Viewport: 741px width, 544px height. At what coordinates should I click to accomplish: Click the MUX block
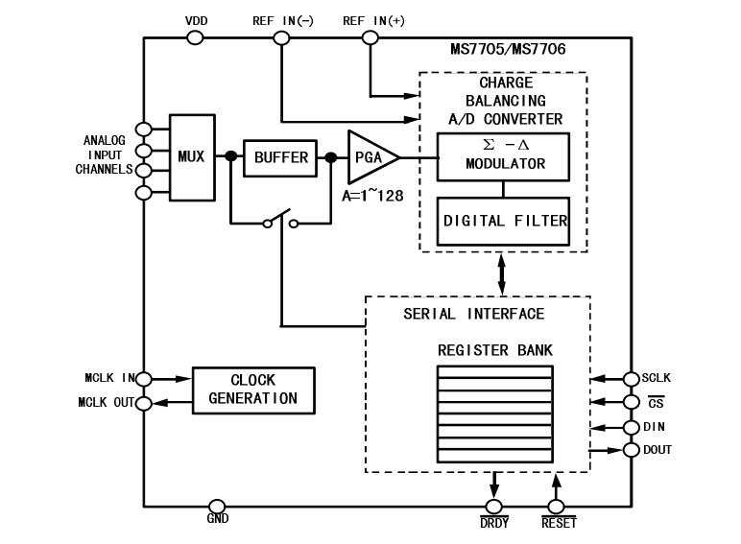point(192,157)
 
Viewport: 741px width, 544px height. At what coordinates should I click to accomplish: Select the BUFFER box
point(281,157)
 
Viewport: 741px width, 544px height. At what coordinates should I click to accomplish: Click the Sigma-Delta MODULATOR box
point(504,155)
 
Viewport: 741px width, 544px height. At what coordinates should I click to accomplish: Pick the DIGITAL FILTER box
point(505,220)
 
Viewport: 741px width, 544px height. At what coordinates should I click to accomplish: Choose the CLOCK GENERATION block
point(252,390)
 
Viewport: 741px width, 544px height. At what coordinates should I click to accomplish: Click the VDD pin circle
point(195,37)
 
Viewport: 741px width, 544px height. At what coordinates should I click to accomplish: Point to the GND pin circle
point(217,506)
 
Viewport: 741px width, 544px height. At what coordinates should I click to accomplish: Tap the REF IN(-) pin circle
point(282,37)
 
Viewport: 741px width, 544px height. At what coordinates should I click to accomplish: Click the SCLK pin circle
point(632,379)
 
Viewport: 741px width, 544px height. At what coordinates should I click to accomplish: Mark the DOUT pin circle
point(632,450)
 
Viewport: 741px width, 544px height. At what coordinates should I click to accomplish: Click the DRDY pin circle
point(494,506)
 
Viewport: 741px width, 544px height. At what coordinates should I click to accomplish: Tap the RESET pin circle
point(555,506)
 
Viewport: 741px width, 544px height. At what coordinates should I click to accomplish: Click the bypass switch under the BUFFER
point(281,223)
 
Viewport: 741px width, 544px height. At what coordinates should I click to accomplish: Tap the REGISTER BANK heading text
point(495,350)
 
